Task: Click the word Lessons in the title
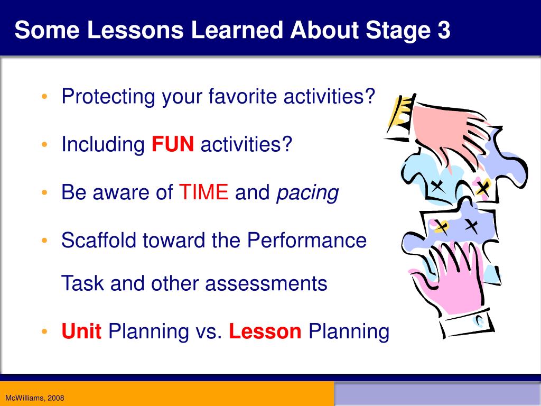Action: pos(135,30)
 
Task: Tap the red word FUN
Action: pos(173,144)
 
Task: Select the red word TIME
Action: pos(203,192)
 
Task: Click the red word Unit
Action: pos(81,331)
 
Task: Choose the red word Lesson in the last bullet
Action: pos(265,331)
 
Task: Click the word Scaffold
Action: pos(99,240)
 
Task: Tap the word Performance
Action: pos(307,240)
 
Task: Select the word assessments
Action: pos(266,284)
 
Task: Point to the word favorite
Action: pos(242,96)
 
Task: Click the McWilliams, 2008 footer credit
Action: pos(34,398)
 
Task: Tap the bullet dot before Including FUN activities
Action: pos(44,144)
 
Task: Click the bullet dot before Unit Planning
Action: pos(44,331)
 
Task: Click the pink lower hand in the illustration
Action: pos(449,276)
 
